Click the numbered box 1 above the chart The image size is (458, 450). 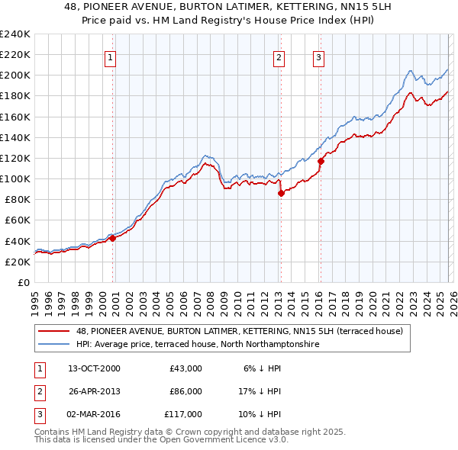111,56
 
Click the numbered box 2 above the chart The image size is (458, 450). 279,56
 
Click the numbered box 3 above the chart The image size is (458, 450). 318,56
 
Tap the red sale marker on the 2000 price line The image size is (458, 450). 112,238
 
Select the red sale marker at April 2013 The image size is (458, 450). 281,193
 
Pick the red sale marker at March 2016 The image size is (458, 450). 320,161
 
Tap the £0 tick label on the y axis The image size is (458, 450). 23,282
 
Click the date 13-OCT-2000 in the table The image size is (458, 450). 93,368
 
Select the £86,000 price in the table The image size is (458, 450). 185,391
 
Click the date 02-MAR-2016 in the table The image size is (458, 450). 93,414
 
